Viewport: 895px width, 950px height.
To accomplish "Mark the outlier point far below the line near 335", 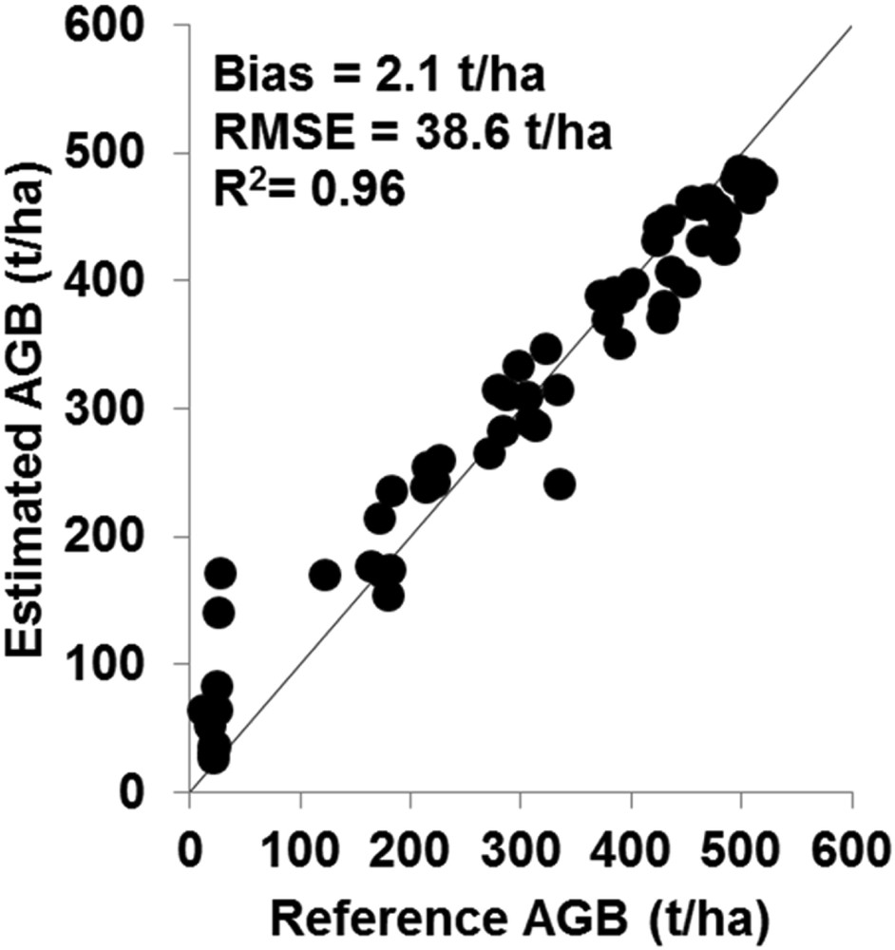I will [x=561, y=484].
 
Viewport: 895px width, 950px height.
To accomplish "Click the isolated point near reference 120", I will [x=325, y=575].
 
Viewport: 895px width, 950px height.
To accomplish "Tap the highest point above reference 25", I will [x=219, y=573].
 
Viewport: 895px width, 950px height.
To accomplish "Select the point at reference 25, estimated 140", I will [x=219, y=613].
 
